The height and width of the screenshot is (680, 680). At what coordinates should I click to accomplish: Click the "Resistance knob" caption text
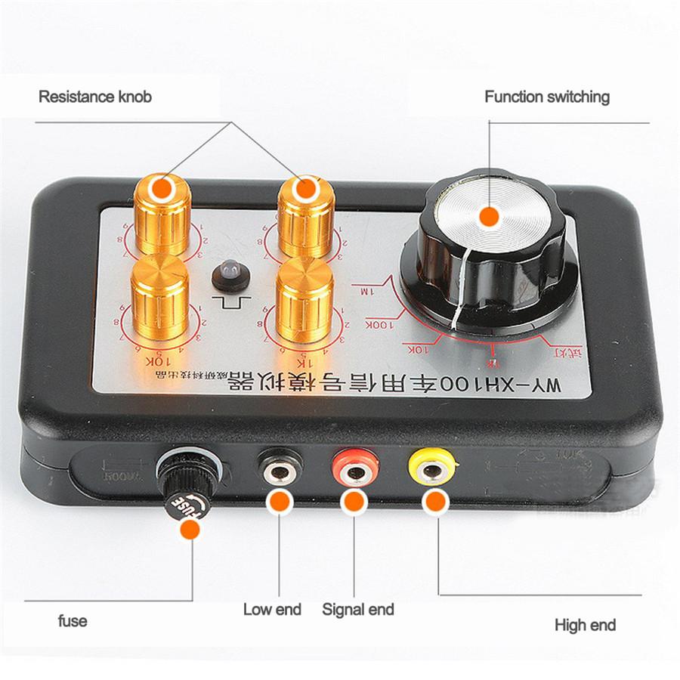94,97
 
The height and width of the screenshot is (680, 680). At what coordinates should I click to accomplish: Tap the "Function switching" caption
546,97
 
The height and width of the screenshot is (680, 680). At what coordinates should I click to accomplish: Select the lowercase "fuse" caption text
73,621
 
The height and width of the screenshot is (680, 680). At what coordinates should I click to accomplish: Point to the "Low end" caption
272,609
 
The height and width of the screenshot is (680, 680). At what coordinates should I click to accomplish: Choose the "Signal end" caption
357,609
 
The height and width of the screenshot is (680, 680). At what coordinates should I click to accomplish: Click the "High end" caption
585,625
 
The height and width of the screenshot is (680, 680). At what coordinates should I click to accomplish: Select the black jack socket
279,470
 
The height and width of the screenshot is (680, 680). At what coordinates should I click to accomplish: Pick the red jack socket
350,471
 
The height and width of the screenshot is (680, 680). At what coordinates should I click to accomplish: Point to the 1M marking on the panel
366,290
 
